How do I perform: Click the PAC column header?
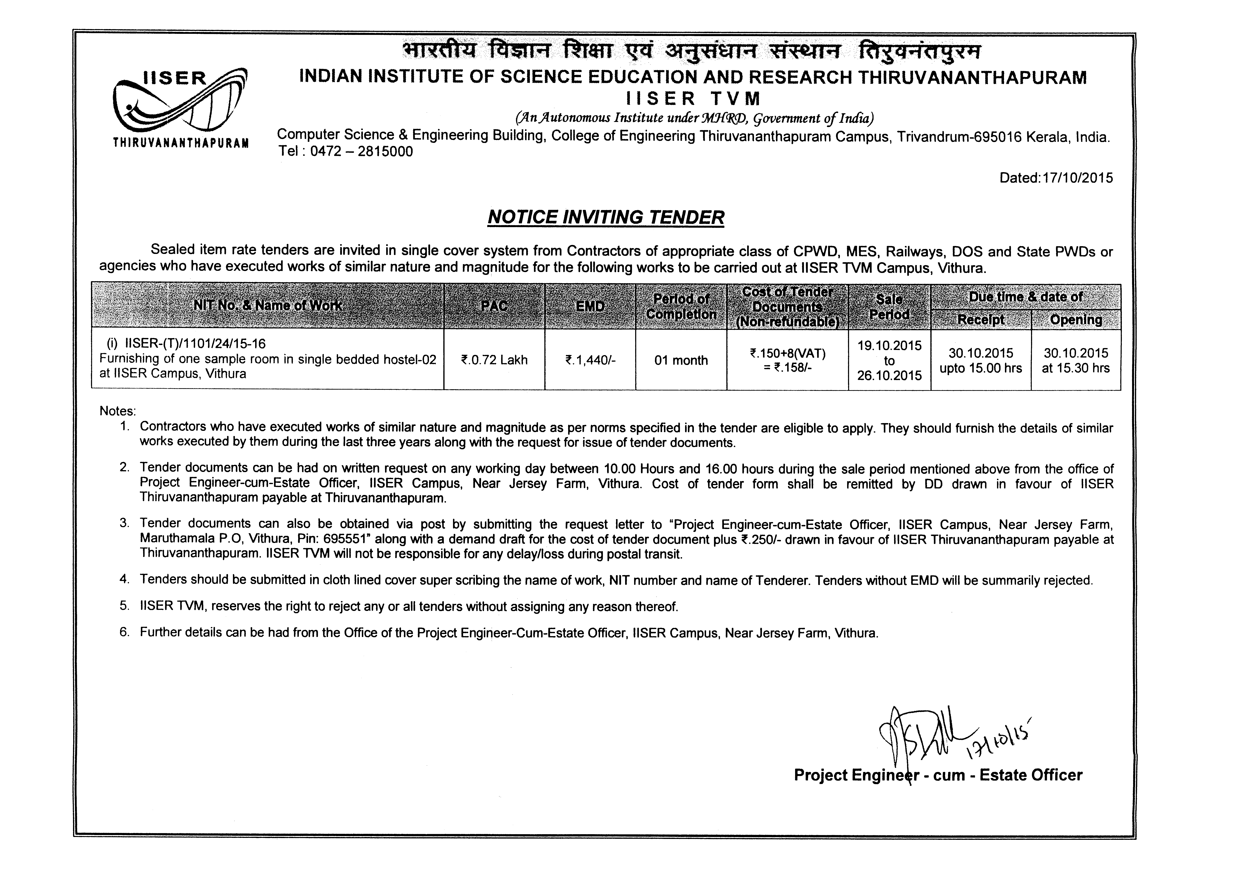click(x=494, y=306)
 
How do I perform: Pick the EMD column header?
click(x=590, y=306)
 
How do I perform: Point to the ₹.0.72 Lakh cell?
click(x=494, y=360)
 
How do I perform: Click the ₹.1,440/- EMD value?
click(x=590, y=360)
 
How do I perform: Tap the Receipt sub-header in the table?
click(x=981, y=319)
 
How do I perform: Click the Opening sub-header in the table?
click(x=1076, y=319)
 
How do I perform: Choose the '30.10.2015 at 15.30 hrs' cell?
click(x=1076, y=360)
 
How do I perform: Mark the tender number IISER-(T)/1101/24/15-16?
click(x=195, y=344)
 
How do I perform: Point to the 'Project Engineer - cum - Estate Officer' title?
click(x=938, y=775)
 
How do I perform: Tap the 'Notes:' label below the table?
click(x=117, y=411)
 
